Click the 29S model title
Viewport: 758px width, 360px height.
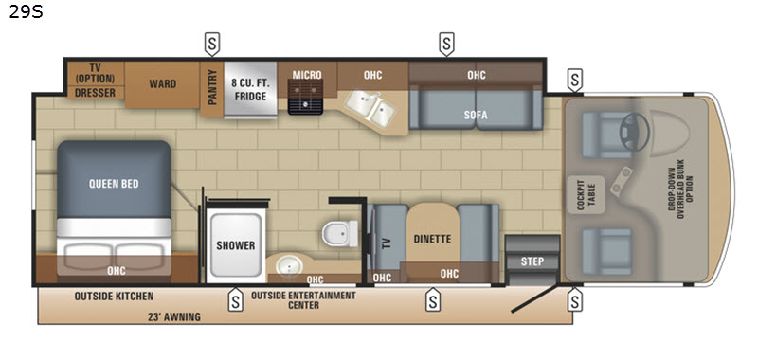click(x=27, y=11)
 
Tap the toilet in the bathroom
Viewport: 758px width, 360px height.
click(x=340, y=233)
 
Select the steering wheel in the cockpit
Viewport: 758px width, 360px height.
click(x=634, y=132)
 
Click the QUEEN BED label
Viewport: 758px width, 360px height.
click(x=114, y=184)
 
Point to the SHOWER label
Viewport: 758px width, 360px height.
click(x=235, y=245)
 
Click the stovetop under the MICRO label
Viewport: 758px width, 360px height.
click(x=305, y=98)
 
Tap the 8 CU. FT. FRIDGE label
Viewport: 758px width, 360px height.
click(x=250, y=89)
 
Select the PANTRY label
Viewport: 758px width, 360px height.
click(x=211, y=87)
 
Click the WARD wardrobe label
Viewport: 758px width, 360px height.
click(x=162, y=83)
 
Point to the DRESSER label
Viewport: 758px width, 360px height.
click(x=96, y=92)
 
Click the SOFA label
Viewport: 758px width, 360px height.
click(x=476, y=115)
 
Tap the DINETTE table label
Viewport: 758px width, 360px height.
click(x=432, y=239)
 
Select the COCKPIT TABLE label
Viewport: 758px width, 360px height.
click(x=586, y=195)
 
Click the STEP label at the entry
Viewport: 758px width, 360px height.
click(x=532, y=261)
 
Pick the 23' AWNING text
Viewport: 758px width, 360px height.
click(x=174, y=317)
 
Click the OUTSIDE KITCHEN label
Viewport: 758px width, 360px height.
click(x=114, y=297)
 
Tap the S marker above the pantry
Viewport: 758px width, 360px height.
click(x=211, y=44)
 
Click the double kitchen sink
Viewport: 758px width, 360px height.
click(x=370, y=109)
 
